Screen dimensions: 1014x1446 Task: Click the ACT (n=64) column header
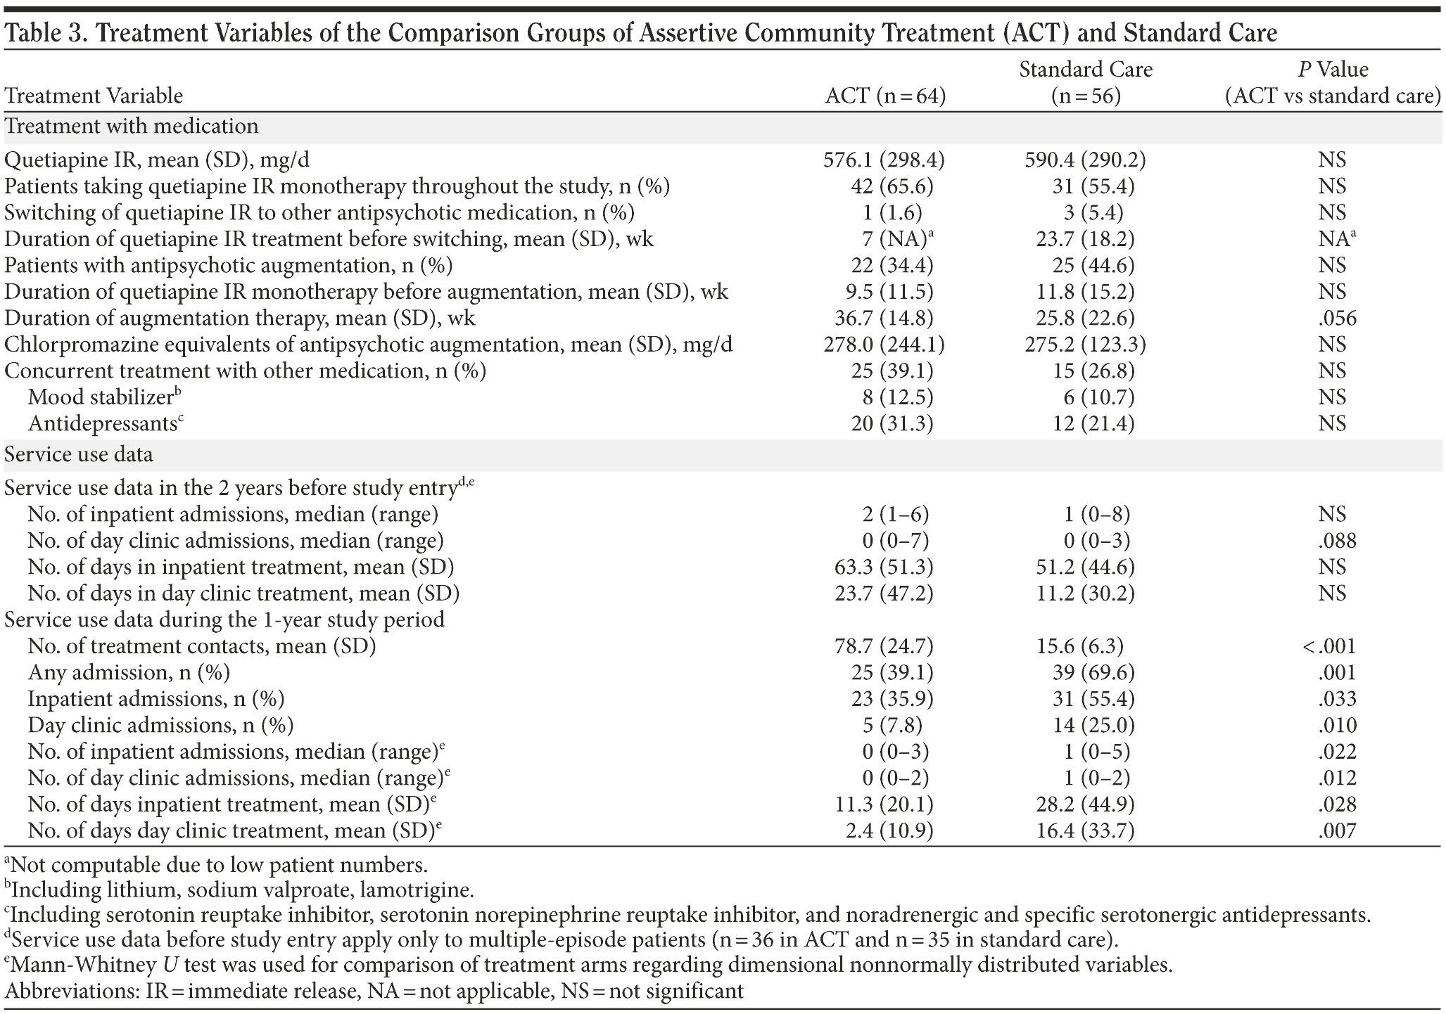tap(884, 96)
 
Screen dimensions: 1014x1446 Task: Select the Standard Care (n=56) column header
tap(1086, 82)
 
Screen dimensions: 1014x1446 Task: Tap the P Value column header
tap(1332, 82)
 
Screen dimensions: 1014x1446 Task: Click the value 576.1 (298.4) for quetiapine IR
tap(884, 160)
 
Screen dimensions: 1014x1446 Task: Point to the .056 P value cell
tap(1337, 319)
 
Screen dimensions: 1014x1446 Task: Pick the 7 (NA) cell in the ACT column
tap(890, 239)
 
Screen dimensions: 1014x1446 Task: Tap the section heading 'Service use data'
tap(78, 454)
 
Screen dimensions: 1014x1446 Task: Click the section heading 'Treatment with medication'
tap(131, 127)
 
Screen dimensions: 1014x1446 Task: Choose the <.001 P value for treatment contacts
tap(1328, 646)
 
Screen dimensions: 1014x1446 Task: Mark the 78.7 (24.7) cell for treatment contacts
tap(884, 646)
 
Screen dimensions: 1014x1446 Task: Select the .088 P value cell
tap(1337, 541)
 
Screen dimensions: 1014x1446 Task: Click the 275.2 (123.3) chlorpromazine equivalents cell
tap(1086, 345)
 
